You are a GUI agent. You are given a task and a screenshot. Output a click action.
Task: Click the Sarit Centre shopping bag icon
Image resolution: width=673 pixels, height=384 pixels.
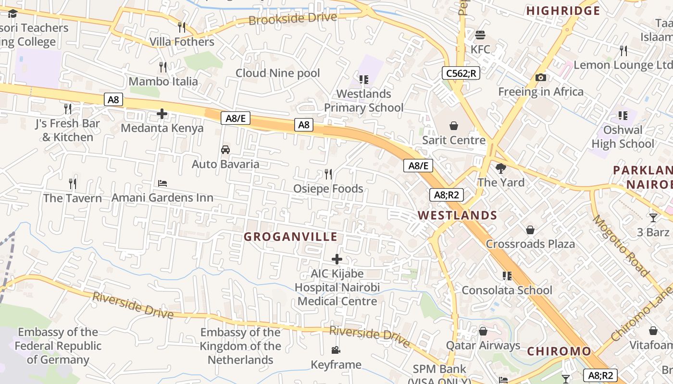[x=453, y=126]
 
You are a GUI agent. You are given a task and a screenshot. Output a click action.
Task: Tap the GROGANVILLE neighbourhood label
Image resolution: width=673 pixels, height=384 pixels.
[x=290, y=237]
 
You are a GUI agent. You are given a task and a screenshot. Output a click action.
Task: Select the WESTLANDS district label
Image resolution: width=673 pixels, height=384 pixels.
[x=457, y=215]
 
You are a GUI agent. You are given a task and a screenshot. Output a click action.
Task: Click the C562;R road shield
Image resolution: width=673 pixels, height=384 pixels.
[x=461, y=73]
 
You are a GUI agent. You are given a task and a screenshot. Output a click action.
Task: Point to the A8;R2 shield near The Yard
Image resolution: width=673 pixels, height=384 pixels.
[x=446, y=195]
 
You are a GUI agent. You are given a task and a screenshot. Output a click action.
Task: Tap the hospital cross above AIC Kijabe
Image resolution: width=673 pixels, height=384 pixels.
[x=337, y=259]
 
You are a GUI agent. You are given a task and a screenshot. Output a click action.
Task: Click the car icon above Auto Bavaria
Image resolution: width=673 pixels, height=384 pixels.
[x=225, y=150]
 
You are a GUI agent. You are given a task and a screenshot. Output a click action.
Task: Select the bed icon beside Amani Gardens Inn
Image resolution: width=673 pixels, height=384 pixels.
[x=162, y=183]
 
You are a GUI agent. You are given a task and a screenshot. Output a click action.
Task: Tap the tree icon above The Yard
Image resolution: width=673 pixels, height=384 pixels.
[x=501, y=168]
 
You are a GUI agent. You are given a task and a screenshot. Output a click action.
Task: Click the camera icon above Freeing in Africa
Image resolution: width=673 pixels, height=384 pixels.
[x=540, y=77]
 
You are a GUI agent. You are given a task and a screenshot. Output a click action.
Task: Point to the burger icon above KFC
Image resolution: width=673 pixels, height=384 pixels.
[x=480, y=35]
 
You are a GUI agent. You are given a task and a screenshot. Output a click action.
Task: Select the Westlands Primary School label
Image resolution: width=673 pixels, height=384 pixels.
[x=363, y=101]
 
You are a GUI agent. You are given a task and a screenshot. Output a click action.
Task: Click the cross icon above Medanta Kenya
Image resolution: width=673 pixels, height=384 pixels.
[x=162, y=114]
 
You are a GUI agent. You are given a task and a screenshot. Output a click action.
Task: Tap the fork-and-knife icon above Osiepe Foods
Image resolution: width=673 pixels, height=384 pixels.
[x=328, y=174]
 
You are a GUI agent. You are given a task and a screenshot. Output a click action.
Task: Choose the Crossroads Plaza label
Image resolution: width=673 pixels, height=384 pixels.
[x=530, y=244]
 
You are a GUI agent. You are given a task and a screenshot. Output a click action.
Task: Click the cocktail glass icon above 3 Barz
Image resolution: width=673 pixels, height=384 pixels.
[x=653, y=218]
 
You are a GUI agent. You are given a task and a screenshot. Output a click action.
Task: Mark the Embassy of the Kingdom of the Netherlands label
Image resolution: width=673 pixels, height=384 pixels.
[x=240, y=346]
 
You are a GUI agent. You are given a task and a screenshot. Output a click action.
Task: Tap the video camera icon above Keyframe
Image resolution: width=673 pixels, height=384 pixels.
[x=336, y=350]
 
